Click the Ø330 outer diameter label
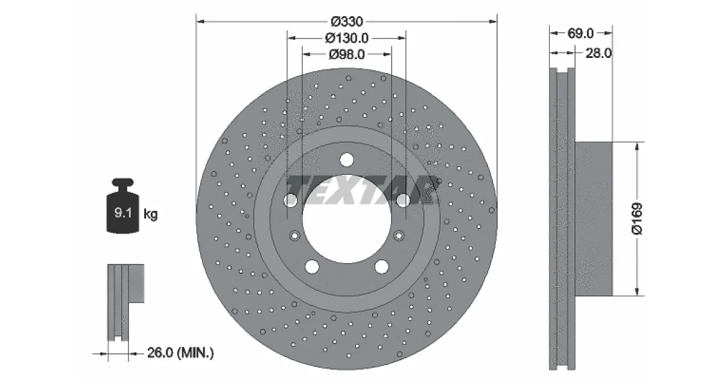coord(347,22)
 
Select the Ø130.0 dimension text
coord(347,38)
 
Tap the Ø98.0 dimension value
coord(347,54)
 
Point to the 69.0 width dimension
coord(580,33)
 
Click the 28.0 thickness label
coord(599,53)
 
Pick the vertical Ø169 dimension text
coord(637,219)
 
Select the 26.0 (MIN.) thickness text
coord(180,352)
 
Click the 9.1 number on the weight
coord(123,212)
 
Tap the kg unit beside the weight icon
coord(151,214)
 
